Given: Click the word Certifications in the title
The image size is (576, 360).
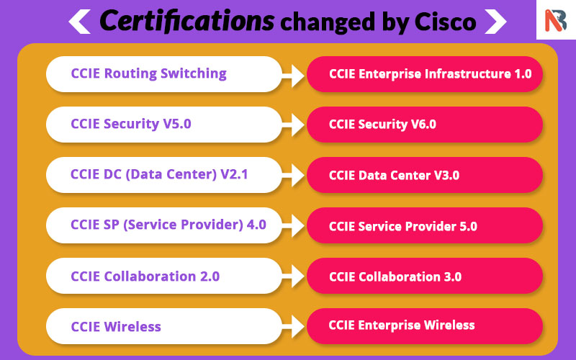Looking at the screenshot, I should click(x=186, y=22).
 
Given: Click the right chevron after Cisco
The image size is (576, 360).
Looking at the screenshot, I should click(x=496, y=22).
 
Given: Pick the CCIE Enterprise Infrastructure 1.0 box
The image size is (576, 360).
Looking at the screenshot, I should click(x=425, y=73).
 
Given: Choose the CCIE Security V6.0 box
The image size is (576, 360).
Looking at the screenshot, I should click(x=425, y=124).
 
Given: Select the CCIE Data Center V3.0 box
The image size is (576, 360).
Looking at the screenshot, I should click(x=425, y=174).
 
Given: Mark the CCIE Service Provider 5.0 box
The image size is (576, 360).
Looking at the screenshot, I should click(x=425, y=225).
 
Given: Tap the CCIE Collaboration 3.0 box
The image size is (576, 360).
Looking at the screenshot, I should click(x=425, y=276).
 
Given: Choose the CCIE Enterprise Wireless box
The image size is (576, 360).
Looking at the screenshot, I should click(x=425, y=325).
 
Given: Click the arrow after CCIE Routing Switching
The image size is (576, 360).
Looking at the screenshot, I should click(x=294, y=74).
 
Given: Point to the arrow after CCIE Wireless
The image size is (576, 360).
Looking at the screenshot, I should click(x=294, y=326).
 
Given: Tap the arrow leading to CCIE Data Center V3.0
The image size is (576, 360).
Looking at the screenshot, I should click(x=294, y=175).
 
